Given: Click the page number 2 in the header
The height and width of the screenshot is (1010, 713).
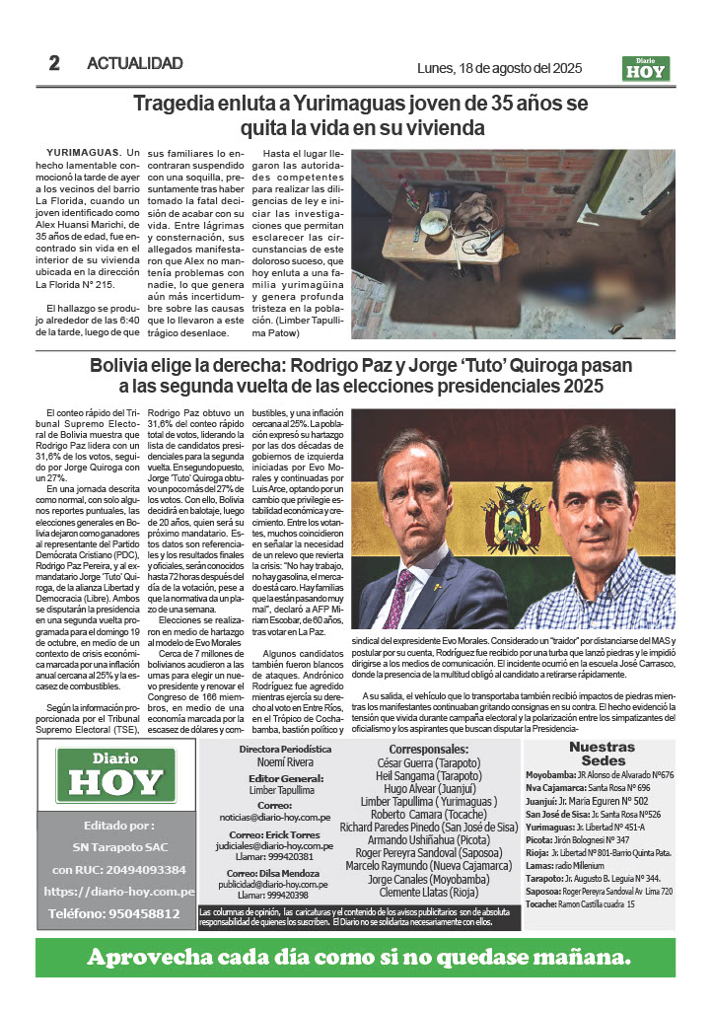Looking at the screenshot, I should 54,64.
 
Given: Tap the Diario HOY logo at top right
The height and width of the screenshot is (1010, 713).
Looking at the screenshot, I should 646,69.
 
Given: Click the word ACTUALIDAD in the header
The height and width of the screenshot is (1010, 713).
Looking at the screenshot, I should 135,64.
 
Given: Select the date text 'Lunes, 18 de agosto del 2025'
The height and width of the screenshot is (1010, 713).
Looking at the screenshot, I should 500,69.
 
